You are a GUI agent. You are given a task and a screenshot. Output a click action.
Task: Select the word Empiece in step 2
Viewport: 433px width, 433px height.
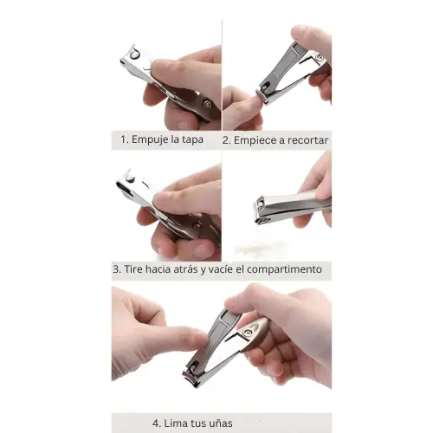(254, 140)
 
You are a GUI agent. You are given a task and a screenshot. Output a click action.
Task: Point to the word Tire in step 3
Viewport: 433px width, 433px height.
(133, 269)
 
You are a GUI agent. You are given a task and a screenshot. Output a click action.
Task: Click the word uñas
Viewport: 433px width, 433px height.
(220, 423)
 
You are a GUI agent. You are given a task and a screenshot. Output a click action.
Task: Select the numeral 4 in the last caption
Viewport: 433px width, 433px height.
(156, 423)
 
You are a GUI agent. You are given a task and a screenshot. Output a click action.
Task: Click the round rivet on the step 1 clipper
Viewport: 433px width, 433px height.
(134, 55)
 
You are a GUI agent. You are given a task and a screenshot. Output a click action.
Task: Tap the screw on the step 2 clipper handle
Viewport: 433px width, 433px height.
(320, 57)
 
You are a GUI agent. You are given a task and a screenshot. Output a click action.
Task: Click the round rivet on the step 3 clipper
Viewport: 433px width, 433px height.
(130, 179)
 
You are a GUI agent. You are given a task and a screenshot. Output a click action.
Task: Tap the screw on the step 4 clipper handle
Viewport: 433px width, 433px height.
(248, 333)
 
